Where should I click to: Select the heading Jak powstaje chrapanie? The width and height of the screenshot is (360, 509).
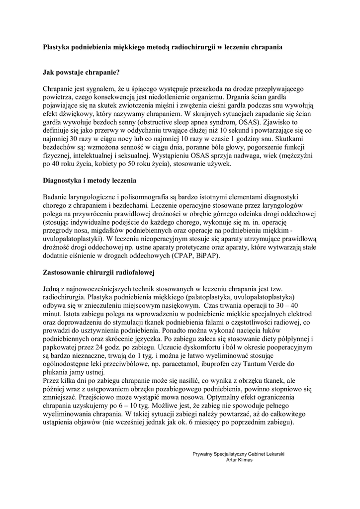(x=82, y=73)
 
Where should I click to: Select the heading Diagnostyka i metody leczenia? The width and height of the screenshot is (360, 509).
(x=90, y=180)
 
